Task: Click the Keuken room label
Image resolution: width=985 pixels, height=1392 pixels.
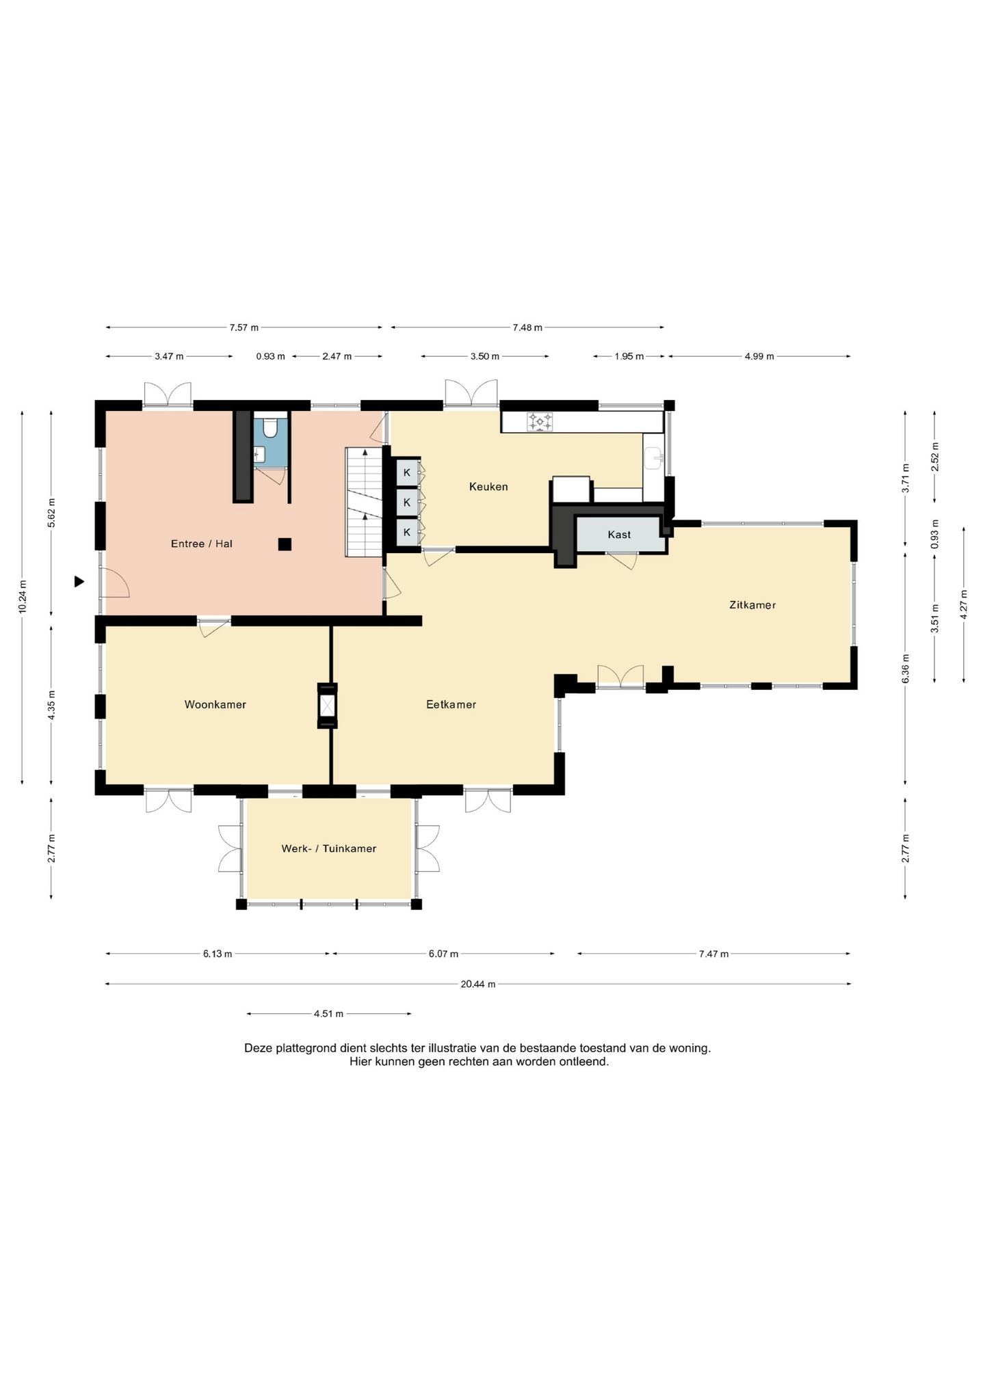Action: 488,487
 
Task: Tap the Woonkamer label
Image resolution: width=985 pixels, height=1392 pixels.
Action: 215,704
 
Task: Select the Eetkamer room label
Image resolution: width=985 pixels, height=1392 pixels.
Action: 451,704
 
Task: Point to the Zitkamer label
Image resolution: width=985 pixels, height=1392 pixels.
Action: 752,605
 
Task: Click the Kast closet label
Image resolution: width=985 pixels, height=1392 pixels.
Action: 619,535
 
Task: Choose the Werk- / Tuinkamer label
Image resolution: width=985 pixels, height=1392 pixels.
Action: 329,848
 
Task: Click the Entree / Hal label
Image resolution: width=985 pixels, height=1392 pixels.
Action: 202,544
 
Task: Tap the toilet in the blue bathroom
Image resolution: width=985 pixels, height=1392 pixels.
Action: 270,427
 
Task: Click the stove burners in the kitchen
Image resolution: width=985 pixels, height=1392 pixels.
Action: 540,421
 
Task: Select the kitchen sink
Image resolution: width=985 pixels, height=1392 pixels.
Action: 654,458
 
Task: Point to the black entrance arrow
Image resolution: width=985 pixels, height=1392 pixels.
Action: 79,582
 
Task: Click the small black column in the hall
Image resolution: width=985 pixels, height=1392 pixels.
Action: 285,544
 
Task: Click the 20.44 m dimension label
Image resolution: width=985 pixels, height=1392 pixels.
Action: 478,984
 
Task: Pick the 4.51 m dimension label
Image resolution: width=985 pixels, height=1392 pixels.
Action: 328,1014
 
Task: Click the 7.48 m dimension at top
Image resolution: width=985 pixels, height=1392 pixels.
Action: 527,327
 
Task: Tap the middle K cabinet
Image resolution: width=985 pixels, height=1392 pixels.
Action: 408,502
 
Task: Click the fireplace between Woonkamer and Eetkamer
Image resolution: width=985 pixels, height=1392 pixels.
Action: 328,706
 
